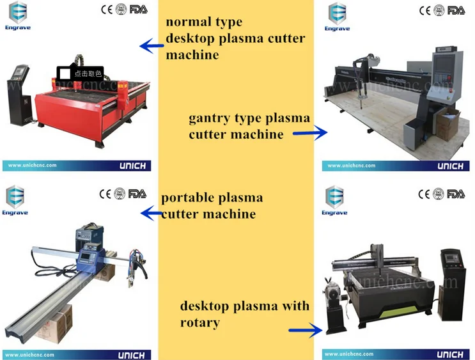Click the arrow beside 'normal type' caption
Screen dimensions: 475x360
coord(151,45)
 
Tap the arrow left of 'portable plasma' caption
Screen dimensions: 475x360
coord(151,213)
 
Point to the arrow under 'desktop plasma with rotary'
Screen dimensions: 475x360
coord(306,331)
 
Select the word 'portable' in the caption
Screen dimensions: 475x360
coord(187,198)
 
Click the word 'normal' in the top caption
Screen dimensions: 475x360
coord(187,22)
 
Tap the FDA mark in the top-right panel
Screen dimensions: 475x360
coord(456,10)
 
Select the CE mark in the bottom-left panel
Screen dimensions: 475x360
coord(105,193)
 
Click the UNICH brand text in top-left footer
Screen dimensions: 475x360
coord(132,166)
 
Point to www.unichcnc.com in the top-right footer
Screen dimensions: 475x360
coord(352,166)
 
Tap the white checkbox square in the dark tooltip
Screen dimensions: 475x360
coord(65,74)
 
